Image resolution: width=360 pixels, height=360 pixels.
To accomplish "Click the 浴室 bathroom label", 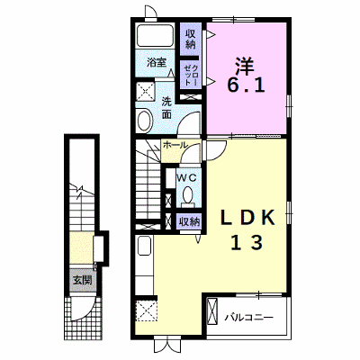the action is [x=157, y=63].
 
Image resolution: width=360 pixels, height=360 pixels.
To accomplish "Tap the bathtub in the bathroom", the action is [x=156, y=35].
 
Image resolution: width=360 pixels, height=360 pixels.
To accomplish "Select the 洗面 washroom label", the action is [x=166, y=108].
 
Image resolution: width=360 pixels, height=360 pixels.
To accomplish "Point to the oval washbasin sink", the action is [x=145, y=121].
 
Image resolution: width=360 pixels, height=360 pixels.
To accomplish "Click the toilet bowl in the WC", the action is [x=188, y=196].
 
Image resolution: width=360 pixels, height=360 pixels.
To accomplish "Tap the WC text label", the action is [x=186, y=178].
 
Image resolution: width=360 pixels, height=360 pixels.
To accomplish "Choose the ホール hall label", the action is [x=175, y=145].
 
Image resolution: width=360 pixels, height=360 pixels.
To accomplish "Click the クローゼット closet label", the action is [x=191, y=75].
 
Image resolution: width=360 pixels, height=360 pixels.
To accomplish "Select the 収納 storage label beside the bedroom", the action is [x=190, y=39].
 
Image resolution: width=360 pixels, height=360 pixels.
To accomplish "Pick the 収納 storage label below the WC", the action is [x=189, y=222].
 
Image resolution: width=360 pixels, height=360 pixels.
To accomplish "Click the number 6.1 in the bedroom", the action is [x=246, y=85].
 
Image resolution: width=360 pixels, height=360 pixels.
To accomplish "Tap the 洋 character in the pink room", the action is [x=245, y=66].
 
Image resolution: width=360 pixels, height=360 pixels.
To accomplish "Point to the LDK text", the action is [x=247, y=218].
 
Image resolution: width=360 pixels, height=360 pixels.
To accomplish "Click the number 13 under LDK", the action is [x=247, y=242].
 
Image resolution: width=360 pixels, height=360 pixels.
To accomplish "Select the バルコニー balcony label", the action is [x=249, y=317].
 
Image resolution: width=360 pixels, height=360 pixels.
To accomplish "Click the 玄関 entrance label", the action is [x=82, y=281].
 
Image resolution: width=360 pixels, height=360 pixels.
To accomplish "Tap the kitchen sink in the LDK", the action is [x=144, y=246].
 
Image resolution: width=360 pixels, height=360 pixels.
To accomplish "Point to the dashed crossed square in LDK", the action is [x=146, y=311].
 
